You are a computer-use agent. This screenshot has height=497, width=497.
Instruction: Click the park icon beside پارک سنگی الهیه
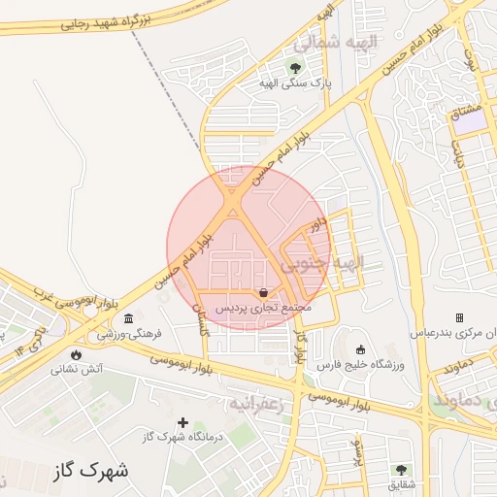pos(295,68)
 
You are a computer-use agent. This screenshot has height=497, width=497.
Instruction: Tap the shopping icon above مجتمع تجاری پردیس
pos(264,291)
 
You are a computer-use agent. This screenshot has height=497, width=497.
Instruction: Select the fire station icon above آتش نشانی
pos(77,354)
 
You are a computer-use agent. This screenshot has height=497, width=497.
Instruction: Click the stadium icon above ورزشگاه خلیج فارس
pos(361,349)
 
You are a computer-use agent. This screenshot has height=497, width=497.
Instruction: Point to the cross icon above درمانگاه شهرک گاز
pos(182,421)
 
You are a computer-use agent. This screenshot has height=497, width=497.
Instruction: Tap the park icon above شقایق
pos(400,470)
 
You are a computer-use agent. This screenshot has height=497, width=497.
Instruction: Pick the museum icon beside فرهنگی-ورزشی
pos(129,318)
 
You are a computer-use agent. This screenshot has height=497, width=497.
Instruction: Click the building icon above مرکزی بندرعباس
pos(459,317)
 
